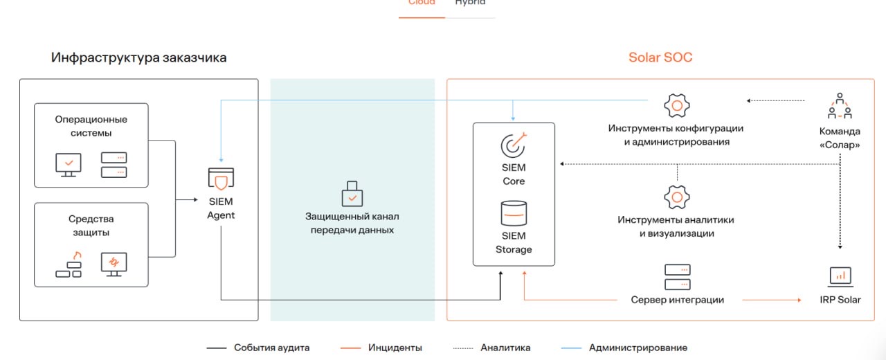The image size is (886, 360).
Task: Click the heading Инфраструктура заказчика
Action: (138, 57)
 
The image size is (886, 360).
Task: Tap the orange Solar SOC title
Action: (660, 57)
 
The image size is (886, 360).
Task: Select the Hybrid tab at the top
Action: (470, 3)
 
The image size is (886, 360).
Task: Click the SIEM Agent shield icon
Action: (221, 180)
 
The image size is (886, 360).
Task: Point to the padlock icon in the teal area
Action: (352, 195)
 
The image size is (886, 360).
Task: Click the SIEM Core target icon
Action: (514, 145)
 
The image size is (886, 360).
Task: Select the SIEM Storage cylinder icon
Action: (514, 213)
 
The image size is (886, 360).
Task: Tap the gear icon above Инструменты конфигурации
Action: (676, 106)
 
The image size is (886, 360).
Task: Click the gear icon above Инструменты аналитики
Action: (676, 197)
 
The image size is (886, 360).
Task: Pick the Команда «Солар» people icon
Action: (840, 106)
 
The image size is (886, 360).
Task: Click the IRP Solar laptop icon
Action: (840, 276)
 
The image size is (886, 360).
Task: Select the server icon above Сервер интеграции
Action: (677, 277)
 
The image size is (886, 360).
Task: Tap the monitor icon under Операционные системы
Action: (69, 164)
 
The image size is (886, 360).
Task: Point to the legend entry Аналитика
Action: (505, 348)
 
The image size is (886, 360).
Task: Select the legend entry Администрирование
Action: (638, 348)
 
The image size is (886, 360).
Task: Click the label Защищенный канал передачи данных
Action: (352, 223)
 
